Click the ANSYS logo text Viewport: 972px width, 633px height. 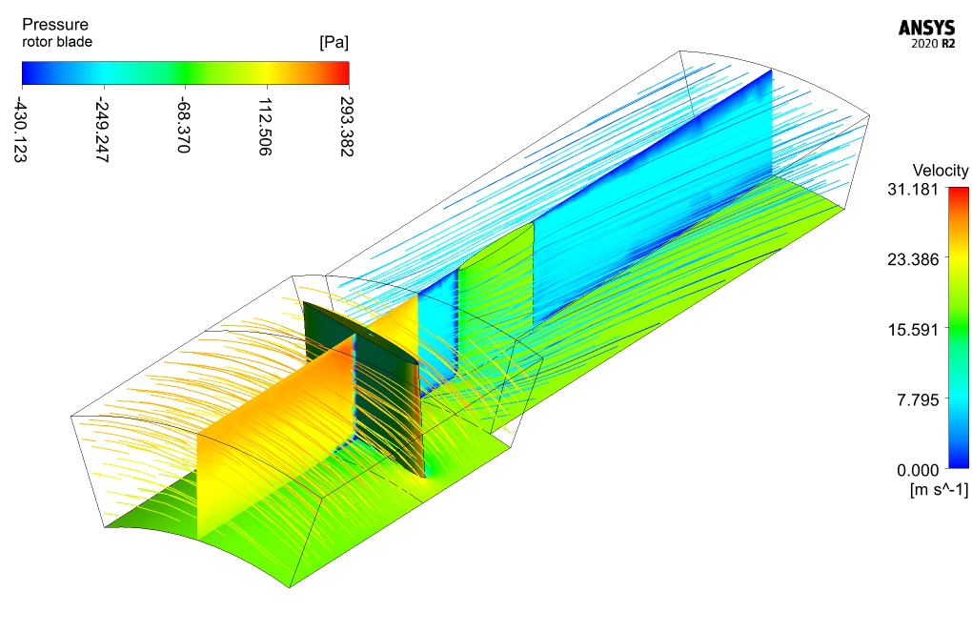point(927,28)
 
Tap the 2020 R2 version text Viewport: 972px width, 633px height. point(933,44)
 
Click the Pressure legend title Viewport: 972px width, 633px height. point(55,25)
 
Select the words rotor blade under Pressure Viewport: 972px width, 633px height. point(57,42)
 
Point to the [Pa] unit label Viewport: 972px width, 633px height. point(334,42)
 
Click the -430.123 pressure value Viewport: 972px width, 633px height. point(20,131)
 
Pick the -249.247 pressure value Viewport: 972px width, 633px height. point(102,131)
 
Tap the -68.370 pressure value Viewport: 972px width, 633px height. point(183,125)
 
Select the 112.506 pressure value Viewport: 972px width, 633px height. point(265,127)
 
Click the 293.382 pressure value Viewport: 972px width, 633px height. point(347,127)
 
